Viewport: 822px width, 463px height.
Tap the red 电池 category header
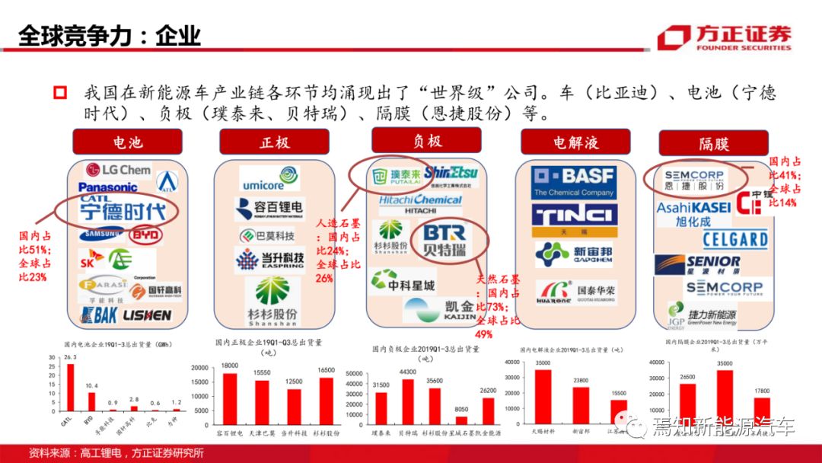coord(127,142)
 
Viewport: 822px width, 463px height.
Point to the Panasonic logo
coord(107,187)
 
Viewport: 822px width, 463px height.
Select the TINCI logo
coord(575,216)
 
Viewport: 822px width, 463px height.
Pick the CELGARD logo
coord(734,240)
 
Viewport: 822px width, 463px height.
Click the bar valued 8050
coord(461,420)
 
